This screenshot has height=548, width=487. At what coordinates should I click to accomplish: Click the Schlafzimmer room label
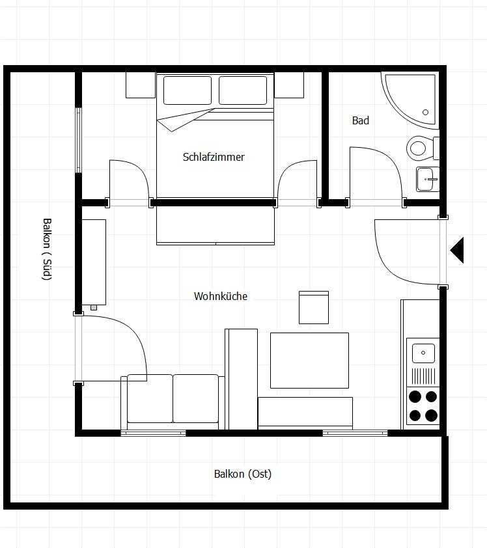[214, 157]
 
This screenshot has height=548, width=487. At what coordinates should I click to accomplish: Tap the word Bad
[361, 120]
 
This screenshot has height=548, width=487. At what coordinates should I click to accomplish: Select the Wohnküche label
[221, 296]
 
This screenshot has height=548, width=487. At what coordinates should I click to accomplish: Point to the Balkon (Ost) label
[243, 474]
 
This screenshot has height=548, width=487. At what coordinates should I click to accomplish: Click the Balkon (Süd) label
[47, 249]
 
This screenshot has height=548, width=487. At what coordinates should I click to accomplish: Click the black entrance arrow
[457, 250]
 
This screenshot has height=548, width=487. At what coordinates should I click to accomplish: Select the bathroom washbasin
[428, 179]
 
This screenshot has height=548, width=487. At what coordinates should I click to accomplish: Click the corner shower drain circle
[425, 112]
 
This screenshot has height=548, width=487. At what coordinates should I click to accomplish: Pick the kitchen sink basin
[423, 353]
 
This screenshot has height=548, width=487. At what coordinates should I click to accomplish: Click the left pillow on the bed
[188, 90]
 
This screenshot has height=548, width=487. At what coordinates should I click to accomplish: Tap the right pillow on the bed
[243, 90]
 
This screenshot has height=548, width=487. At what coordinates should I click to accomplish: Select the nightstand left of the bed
[141, 85]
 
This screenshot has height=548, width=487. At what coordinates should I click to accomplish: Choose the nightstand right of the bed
[289, 85]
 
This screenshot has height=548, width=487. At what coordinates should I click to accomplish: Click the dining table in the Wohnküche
[309, 361]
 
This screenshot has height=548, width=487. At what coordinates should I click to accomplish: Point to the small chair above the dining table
[314, 308]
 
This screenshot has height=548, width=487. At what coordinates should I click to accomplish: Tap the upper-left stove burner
[415, 396]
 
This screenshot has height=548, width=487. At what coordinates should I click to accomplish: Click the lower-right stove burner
[431, 415]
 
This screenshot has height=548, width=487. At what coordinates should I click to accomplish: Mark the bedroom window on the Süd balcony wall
[78, 140]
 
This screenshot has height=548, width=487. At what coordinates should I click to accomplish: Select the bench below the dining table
[305, 413]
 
